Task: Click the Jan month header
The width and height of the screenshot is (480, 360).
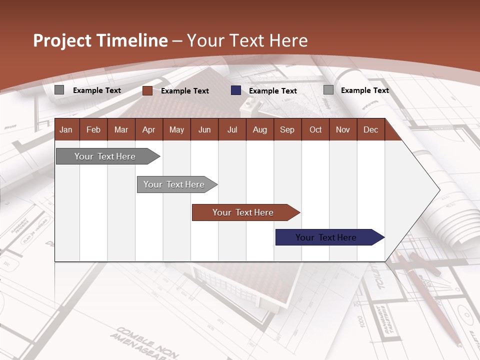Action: [66, 129]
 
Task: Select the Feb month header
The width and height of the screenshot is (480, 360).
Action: [93, 129]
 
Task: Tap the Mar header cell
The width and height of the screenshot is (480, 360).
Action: [121, 129]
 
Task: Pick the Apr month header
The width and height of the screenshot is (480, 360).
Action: [149, 129]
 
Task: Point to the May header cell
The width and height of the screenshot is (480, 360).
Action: [176, 129]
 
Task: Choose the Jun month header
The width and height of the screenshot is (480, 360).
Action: [204, 129]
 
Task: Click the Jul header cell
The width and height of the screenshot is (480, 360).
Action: [232, 129]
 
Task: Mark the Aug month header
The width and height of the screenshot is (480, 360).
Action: [260, 129]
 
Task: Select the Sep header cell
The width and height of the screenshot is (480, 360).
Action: [287, 129]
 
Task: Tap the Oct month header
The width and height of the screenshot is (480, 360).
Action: [315, 129]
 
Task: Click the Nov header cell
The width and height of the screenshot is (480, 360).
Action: [343, 129]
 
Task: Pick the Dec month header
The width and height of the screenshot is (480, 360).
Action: [371, 129]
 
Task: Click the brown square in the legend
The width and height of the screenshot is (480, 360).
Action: [147, 90]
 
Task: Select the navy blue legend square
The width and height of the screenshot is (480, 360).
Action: [236, 90]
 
